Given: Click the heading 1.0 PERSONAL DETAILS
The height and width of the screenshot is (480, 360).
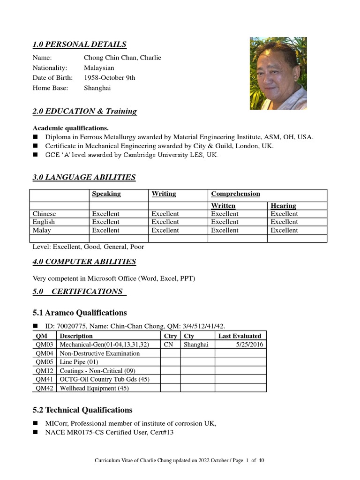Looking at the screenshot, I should coord(79,45).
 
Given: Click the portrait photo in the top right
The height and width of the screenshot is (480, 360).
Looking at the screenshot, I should coord(278,73).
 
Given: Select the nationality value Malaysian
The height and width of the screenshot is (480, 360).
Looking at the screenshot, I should coord(99,67).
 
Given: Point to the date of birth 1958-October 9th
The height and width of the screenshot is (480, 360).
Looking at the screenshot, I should coord(109,78).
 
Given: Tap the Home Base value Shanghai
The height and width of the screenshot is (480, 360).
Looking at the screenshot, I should coord(97,88).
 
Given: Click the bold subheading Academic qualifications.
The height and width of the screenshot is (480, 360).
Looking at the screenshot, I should coord(70,128).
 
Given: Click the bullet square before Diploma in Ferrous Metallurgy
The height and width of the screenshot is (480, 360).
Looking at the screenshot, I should coord(36,137).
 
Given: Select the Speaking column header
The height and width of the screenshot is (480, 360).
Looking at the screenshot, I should coord(106,194).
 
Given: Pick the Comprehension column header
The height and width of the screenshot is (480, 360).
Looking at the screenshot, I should coord(235,194).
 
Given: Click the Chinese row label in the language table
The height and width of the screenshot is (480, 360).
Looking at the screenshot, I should coord(44,214).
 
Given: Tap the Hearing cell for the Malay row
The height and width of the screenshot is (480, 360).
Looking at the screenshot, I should coord(284,230).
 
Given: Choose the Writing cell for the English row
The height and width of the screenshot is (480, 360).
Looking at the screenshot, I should coord(165,222).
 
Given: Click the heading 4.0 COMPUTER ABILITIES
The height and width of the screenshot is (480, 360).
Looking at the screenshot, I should coord(84,262).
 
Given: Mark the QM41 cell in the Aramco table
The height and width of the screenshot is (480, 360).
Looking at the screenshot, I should coord(44,379).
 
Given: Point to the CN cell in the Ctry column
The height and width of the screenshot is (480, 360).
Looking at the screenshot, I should coord(168,345).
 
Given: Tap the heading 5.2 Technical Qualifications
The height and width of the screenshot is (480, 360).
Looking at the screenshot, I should coord(82,410).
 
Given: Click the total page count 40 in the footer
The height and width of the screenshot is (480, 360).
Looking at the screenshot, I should coord(261,461).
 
